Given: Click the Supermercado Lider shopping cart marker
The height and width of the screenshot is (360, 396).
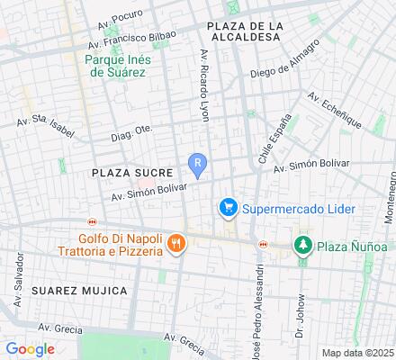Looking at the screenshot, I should [x=229, y=209].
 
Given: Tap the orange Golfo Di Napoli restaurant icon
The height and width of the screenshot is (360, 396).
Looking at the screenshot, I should [x=176, y=242].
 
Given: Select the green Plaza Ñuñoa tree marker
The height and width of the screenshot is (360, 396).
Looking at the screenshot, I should [x=302, y=245].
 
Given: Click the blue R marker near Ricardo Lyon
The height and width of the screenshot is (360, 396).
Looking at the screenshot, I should [x=198, y=163].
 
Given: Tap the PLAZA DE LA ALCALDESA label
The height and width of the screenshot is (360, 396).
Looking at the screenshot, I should [x=244, y=31].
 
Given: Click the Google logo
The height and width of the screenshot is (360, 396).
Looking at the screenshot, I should [x=30, y=348].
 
